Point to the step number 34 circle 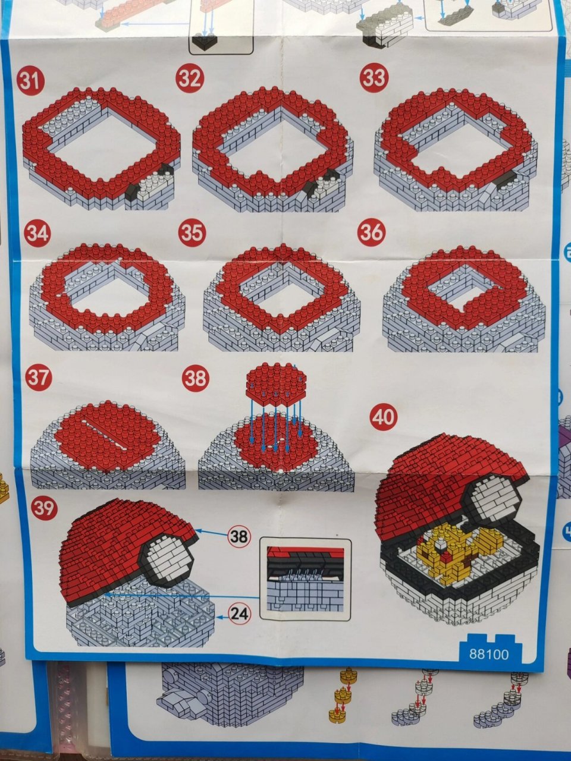tap(37, 235)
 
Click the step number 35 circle tap(192, 233)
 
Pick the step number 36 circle tap(372, 231)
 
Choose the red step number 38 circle tap(196, 378)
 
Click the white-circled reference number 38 tap(239, 537)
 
